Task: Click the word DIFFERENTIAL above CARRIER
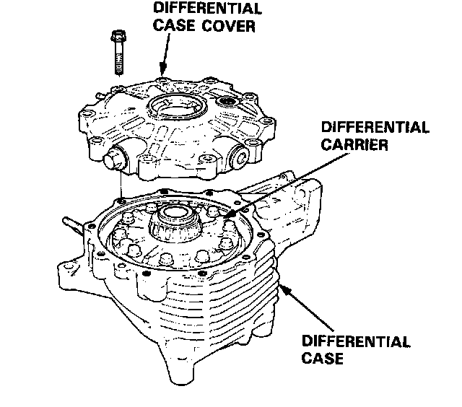(x=374, y=128)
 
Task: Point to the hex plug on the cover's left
(x=115, y=157)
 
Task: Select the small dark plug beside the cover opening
(x=229, y=101)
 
